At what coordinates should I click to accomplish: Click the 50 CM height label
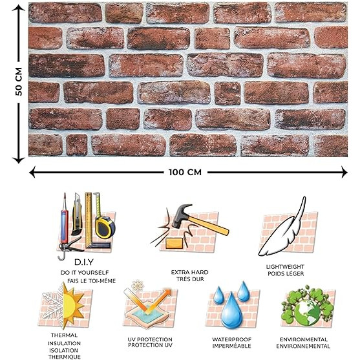(19, 81)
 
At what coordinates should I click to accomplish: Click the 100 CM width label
(185, 172)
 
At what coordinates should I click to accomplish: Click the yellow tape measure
(105, 226)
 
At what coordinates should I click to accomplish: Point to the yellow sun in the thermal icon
(72, 305)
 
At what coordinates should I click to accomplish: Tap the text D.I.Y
(84, 262)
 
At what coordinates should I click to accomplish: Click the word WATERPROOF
(231, 339)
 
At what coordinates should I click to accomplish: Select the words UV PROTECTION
(150, 339)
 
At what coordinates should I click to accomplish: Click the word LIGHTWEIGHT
(285, 267)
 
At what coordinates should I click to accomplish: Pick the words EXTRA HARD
(189, 272)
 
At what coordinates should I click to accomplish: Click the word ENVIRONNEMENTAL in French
(303, 346)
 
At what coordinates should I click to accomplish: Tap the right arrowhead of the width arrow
(344, 172)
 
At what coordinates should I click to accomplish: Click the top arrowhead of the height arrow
(18, 8)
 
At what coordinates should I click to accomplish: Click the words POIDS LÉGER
(286, 273)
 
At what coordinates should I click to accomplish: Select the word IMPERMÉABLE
(231, 346)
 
